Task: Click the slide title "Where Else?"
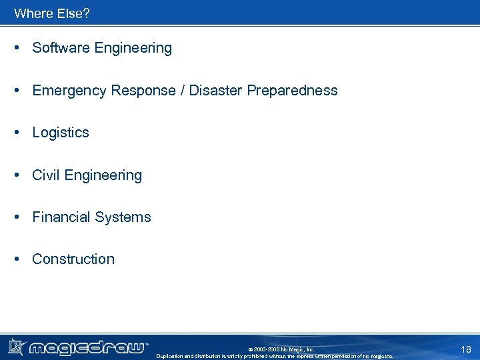pos(51,13)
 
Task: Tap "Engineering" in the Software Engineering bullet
pos(133,48)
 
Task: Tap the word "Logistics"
pos(61,133)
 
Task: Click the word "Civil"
pos(47,175)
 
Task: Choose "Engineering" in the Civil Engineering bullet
pos(103,175)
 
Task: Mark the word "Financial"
pos(61,217)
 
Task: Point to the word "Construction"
pos(73,259)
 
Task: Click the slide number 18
pos(465,349)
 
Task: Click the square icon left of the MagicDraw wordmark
pos(16,347)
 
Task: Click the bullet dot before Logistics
pos(19,133)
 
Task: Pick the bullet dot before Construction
pos(19,259)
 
